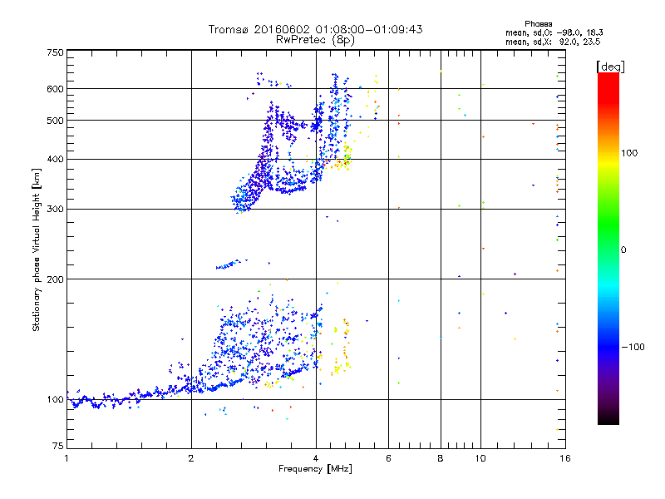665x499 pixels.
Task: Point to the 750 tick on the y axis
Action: tap(54, 52)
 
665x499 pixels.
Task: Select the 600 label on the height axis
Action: tap(54, 89)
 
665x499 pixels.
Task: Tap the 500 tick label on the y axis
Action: tap(54, 121)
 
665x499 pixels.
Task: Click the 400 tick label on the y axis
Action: tap(54, 159)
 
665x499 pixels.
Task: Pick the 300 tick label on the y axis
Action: tap(54, 209)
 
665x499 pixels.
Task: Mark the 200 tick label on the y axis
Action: tap(54, 279)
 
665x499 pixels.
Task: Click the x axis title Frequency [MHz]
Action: tap(315, 471)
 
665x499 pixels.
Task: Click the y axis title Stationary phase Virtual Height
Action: tap(37, 249)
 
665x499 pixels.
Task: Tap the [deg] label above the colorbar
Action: tap(611, 66)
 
